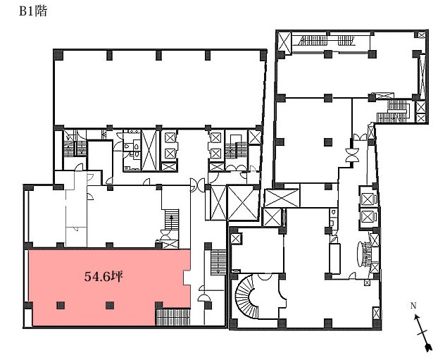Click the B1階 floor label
click(x=33, y=11)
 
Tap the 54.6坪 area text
click(x=104, y=276)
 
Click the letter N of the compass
click(x=413, y=306)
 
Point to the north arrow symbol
click(x=423, y=333)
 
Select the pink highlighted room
click(x=109, y=287)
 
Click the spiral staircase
click(x=247, y=297)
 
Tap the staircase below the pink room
click(x=173, y=317)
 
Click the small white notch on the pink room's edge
click(x=187, y=278)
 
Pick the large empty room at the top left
click(x=159, y=89)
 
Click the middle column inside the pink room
click(x=110, y=305)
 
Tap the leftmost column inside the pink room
click(x=61, y=305)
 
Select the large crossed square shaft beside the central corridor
click(x=243, y=203)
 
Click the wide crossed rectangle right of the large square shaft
click(x=282, y=198)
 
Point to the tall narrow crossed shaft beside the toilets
click(x=149, y=150)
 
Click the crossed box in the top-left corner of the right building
click(x=284, y=43)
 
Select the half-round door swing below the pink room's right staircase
click(x=204, y=298)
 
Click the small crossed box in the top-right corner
click(x=422, y=35)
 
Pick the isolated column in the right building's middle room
click(x=328, y=142)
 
